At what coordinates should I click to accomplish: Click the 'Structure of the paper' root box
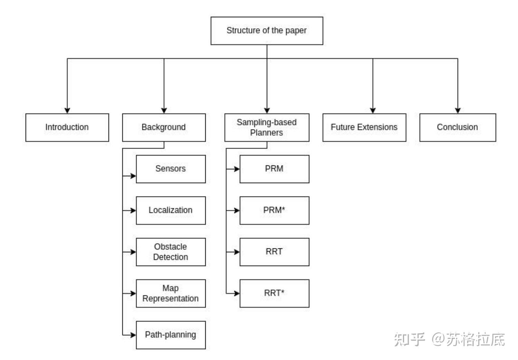(266, 31)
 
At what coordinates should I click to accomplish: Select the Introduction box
(67, 127)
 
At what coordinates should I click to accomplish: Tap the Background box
(164, 127)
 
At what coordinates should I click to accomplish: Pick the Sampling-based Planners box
(266, 127)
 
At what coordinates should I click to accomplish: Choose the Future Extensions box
(364, 127)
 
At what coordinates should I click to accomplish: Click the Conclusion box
(457, 127)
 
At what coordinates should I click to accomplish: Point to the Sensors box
(171, 169)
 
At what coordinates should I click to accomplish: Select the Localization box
(171, 210)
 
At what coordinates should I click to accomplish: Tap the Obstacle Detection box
(171, 252)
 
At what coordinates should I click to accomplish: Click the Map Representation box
(171, 294)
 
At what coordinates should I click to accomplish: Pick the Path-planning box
(171, 335)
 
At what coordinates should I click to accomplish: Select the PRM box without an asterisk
(274, 169)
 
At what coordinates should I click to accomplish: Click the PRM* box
(274, 210)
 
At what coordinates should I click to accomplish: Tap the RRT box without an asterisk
(274, 252)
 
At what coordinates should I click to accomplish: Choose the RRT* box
(274, 294)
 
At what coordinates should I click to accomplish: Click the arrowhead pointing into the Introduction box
(67, 110)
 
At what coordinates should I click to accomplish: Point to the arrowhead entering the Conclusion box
(458, 110)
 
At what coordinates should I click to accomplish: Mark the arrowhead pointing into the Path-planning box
(133, 335)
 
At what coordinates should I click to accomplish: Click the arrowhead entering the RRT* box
(237, 294)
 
